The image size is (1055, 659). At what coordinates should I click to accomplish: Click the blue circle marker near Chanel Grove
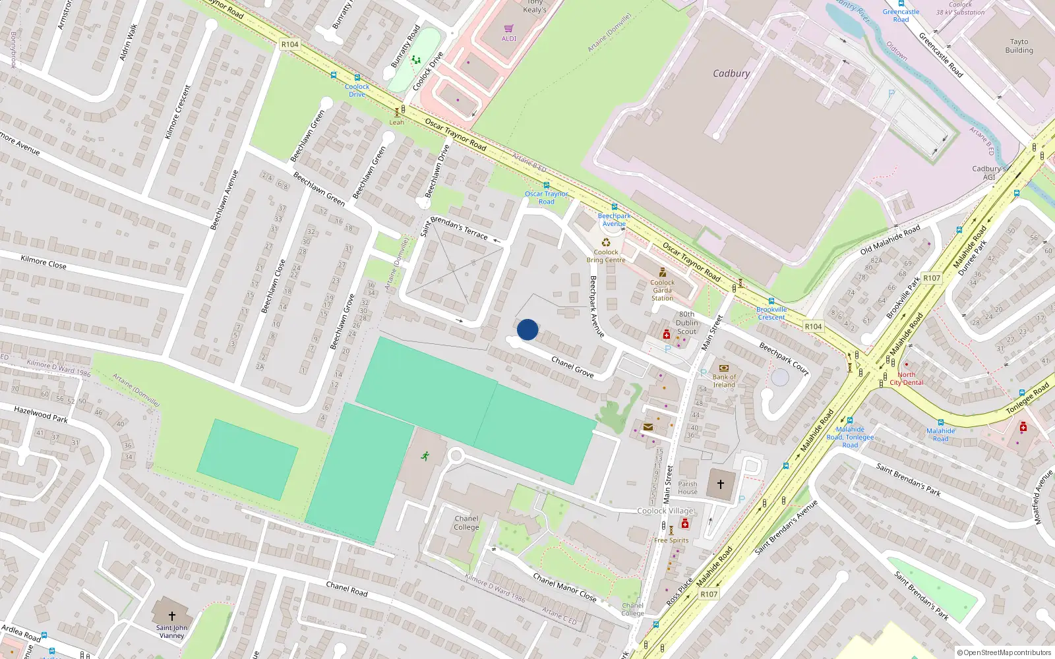click(x=527, y=329)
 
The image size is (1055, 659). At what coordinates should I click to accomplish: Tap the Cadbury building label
click(x=731, y=74)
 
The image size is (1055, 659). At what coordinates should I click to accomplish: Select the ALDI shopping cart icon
click(x=508, y=29)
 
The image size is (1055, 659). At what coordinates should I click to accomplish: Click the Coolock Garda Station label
click(x=662, y=291)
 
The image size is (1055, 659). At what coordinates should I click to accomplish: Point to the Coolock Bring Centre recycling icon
click(x=606, y=243)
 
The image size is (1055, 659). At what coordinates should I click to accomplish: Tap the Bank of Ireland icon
click(x=724, y=368)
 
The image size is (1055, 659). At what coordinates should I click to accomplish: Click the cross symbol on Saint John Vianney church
click(x=172, y=616)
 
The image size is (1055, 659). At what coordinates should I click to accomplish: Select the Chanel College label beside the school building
click(x=466, y=523)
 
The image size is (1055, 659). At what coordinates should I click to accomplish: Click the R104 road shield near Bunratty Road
click(x=289, y=44)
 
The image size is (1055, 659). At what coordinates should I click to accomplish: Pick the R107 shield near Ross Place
click(x=709, y=594)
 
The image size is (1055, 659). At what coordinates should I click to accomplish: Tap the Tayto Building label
click(x=1019, y=46)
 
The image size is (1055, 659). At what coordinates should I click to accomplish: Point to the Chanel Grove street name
click(x=572, y=367)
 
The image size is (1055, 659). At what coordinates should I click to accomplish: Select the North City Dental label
click(x=907, y=378)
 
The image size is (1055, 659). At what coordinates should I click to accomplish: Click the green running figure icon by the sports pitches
click(x=425, y=455)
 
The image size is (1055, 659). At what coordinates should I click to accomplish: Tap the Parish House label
click(x=687, y=488)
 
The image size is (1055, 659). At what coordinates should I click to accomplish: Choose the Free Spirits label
click(x=671, y=540)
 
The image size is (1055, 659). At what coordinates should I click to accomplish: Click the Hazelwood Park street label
click(x=41, y=415)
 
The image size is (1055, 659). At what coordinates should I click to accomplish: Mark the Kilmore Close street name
click(x=44, y=262)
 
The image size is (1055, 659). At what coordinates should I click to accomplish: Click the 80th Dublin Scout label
click(x=686, y=323)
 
